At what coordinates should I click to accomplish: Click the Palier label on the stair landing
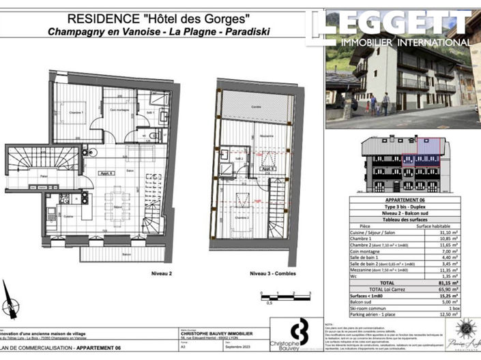[24, 176]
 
